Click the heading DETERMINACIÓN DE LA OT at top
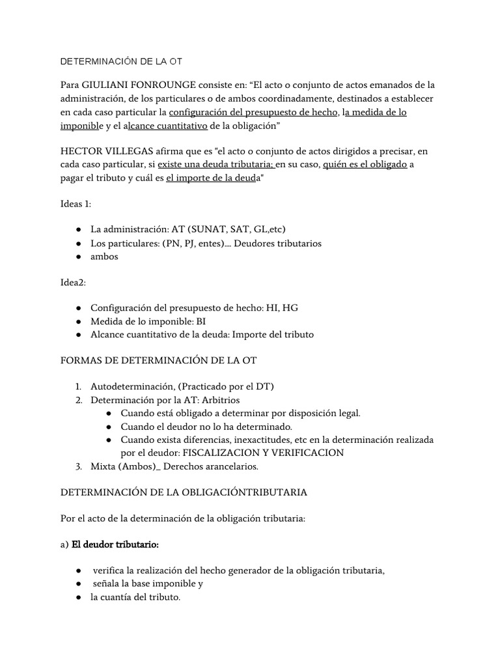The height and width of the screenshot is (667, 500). [121, 61]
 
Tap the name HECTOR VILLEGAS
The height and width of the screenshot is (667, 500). [104, 151]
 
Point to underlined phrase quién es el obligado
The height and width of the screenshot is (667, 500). [365, 165]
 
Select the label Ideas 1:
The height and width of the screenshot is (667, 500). [76, 204]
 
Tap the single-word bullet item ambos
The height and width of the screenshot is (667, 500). [104, 257]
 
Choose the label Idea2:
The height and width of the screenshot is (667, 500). [73, 282]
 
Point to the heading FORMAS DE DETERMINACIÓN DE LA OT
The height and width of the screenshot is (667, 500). [162, 360]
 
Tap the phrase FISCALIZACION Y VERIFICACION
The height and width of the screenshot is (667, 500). [263, 452]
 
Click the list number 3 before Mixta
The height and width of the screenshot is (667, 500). [79, 466]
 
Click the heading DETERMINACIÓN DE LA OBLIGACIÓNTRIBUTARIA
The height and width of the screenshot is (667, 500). [183, 492]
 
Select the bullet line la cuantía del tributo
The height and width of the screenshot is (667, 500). [135, 597]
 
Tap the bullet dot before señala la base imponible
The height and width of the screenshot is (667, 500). [79, 584]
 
